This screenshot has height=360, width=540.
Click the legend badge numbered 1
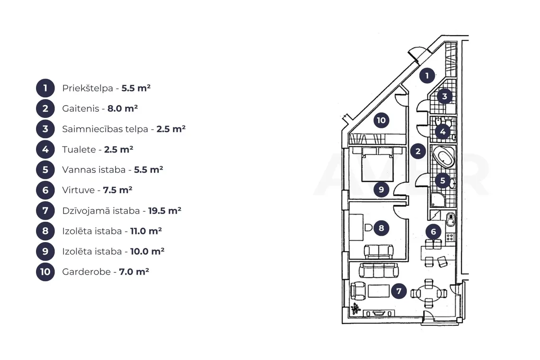click(x=45, y=88)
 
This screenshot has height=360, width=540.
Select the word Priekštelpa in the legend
click(x=88, y=88)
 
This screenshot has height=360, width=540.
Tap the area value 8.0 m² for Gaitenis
click(x=123, y=108)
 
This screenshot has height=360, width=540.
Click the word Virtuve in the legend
click(x=79, y=190)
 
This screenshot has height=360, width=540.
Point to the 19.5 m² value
click(x=165, y=210)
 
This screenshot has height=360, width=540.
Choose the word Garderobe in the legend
click(x=86, y=272)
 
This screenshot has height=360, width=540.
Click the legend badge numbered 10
click(x=45, y=272)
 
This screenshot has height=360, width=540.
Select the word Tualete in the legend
click(x=79, y=150)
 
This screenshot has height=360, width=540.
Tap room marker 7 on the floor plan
click(x=399, y=291)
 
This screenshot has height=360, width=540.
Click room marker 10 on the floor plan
click(x=381, y=120)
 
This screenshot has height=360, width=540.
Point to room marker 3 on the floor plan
click(x=444, y=97)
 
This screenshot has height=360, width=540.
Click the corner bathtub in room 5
click(x=443, y=157)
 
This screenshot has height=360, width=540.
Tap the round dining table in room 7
click(x=428, y=294)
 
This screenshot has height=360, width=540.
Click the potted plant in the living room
click(x=355, y=308)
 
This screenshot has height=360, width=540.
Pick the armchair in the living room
click(x=358, y=291)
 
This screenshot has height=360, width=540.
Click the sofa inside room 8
click(x=378, y=252)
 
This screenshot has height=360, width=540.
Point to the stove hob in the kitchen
click(x=450, y=237)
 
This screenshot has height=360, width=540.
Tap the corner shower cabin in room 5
click(x=438, y=200)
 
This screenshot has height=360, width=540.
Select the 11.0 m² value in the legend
click(x=146, y=231)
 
